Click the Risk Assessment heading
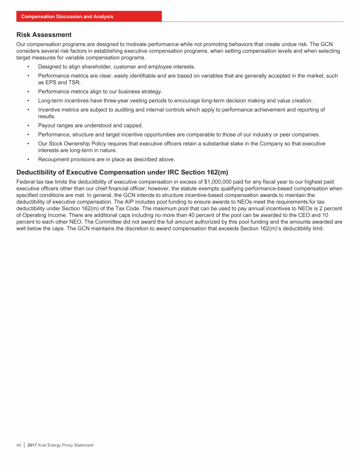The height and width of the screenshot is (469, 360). pyautogui.click(x=44, y=35)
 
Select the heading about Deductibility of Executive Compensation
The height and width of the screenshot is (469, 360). pyautogui.click(x=122, y=172)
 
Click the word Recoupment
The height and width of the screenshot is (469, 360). pyautogui.click(x=54, y=159)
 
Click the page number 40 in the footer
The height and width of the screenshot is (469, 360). pyautogui.click(x=19, y=445)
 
